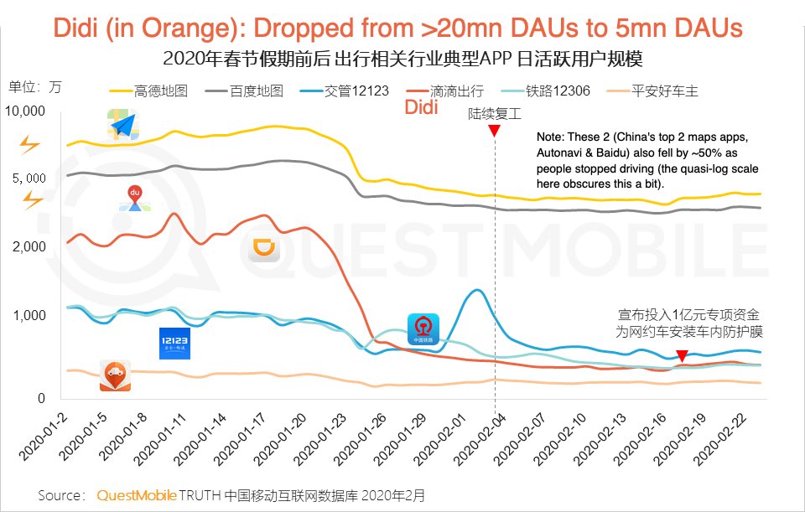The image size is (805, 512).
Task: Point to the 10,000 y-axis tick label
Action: point(25,111)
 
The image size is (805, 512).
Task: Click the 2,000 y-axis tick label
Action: point(29,247)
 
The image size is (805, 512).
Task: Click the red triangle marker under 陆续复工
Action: point(495,132)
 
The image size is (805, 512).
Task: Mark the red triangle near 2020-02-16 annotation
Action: point(683,356)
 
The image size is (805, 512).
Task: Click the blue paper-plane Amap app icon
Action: point(123,125)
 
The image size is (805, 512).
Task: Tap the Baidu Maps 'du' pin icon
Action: point(133,198)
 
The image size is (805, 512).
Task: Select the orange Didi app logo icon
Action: point(267,249)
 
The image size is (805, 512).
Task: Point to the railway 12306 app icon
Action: point(423,328)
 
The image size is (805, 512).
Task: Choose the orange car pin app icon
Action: point(114,375)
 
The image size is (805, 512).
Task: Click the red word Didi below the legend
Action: point(423,108)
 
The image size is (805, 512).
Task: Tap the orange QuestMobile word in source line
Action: point(136,495)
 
